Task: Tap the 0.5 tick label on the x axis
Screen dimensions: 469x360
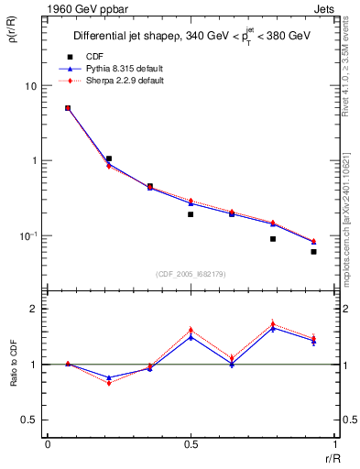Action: coord(191,443)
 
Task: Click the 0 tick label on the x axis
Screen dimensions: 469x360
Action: coord(48,443)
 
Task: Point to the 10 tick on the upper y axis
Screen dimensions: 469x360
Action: coord(30,86)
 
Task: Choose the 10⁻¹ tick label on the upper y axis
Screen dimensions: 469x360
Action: coord(28,235)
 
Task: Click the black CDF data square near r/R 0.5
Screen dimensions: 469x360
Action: coord(191,214)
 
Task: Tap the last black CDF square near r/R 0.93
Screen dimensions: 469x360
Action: coord(313,252)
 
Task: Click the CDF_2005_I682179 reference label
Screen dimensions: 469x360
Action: coord(191,272)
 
